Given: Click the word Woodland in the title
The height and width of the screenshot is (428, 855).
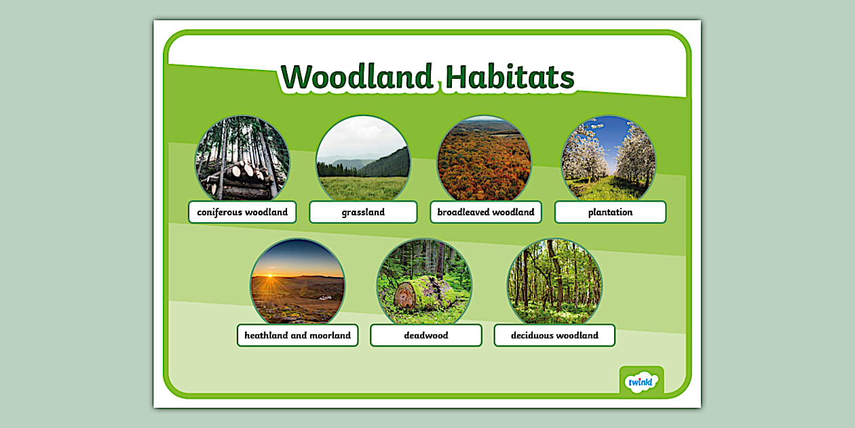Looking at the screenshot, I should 357,77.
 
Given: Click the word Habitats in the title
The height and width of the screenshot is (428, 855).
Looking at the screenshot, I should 510,77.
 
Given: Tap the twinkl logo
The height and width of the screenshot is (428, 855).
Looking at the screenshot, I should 641,381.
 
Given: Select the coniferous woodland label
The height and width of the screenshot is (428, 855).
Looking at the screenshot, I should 242,212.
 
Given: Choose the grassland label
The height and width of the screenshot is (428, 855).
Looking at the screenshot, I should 363,212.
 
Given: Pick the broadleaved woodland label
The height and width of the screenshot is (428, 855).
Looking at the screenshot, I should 486,212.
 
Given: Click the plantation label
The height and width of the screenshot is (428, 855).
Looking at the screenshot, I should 610,212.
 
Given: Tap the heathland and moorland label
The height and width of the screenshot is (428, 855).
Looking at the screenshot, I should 297,335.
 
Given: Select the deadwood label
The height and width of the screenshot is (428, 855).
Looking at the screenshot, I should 426,335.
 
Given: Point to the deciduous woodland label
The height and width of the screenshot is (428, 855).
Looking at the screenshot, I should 554,335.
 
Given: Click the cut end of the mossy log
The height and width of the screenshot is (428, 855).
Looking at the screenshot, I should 405,296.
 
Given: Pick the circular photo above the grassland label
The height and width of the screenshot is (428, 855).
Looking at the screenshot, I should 363,158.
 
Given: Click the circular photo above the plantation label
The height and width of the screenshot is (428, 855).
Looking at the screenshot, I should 609,158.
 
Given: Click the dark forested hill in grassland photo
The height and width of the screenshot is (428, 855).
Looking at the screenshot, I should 392,165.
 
